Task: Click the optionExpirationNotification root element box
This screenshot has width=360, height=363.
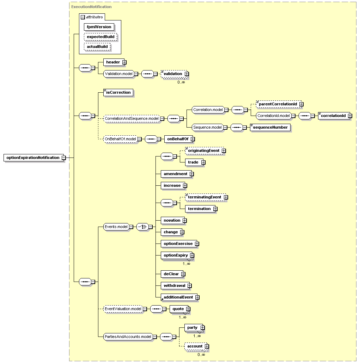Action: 33,158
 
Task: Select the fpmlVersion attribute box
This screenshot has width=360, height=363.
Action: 99,27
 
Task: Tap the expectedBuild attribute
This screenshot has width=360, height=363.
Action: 100,37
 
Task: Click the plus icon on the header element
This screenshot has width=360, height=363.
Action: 124,62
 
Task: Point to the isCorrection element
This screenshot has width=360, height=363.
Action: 118,92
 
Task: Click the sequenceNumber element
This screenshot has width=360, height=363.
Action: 270,127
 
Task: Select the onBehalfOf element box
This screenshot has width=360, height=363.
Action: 178,139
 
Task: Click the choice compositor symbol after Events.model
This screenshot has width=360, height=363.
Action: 142,227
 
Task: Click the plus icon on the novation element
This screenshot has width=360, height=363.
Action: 185,221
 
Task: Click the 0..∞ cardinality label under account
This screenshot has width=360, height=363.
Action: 201,355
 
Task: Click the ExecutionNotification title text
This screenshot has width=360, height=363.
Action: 91,7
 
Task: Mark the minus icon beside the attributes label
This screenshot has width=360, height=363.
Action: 83,17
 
